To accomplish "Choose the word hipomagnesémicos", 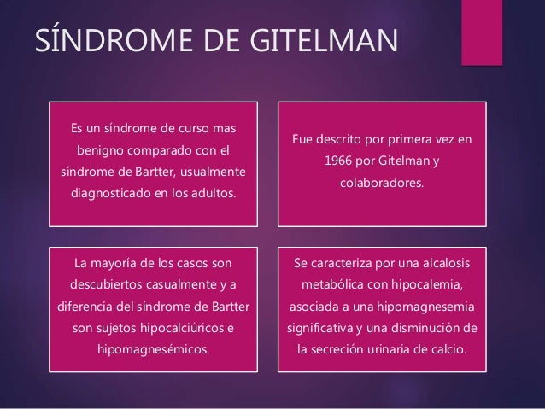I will [154, 349].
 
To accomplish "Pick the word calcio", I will [454, 349].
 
